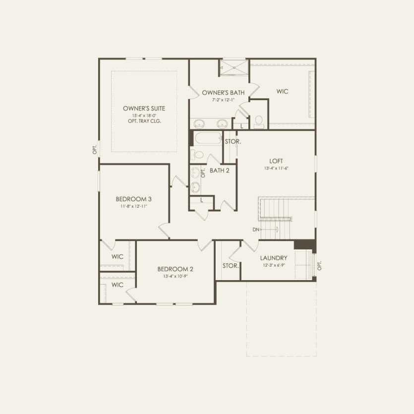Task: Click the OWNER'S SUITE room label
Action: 144,108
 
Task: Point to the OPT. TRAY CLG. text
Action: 144,121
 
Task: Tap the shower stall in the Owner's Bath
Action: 233,68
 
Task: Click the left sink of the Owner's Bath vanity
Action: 200,123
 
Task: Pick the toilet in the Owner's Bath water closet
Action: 259,121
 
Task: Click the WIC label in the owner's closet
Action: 283,92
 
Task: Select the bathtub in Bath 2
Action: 207,138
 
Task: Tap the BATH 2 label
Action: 219,171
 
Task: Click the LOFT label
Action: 276,161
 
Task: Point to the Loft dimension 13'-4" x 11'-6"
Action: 276,169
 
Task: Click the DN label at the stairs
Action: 256,230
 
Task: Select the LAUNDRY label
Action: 274,258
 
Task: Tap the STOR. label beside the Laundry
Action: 231,266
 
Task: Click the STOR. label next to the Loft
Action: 233,141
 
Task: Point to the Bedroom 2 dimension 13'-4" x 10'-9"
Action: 175,276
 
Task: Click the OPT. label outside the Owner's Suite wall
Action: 94,149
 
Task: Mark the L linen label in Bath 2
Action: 202,200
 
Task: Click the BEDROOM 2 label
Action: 175,269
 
